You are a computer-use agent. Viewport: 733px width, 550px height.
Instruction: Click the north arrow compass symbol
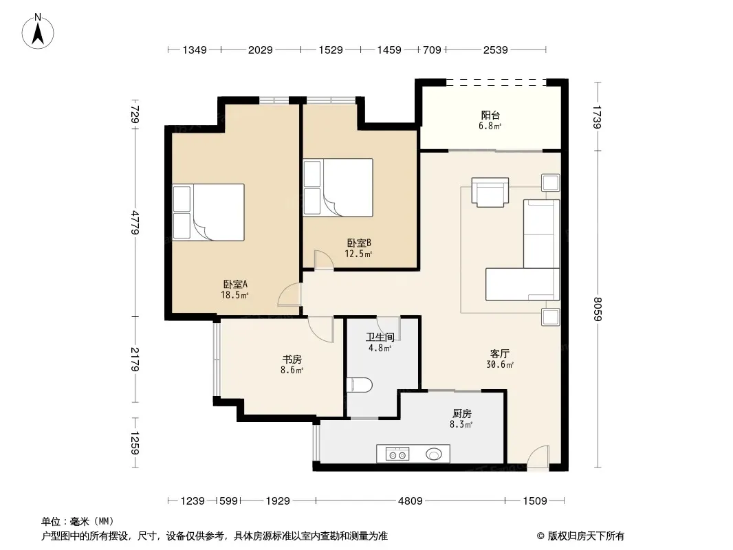pos(38,32)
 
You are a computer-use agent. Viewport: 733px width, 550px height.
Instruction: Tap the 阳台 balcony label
pos(490,115)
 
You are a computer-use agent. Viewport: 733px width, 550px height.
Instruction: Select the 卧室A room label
pos(235,284)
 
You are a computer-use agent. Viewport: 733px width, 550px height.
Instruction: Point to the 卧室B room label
pos(359,243)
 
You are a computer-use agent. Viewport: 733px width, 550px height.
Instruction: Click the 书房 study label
pos(292,360)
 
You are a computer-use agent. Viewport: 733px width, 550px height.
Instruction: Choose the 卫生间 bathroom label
pos(380,337)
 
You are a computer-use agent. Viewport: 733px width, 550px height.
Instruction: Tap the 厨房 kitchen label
pos(462,414)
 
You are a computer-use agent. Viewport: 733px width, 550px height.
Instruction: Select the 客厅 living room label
pos(500,354)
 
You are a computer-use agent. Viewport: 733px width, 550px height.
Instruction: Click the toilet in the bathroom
pos(359,385)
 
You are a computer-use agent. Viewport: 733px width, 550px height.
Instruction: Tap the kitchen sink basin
pos(434,454)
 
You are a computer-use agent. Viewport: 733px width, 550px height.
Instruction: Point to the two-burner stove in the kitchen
pos(397,454)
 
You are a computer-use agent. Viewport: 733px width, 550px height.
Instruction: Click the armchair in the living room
pos(490,192)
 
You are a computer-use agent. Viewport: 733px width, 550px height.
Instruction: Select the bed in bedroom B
pos(338,188)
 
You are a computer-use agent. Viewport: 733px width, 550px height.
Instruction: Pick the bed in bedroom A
pos(208,212)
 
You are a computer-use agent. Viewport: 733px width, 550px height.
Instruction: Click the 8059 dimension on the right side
pos(597,309)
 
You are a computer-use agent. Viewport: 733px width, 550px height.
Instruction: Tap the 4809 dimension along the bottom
pos(410,501)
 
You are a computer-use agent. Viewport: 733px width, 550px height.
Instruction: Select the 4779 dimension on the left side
pos(135,223)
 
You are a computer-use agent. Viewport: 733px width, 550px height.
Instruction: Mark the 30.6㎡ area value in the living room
pos(500,364)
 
